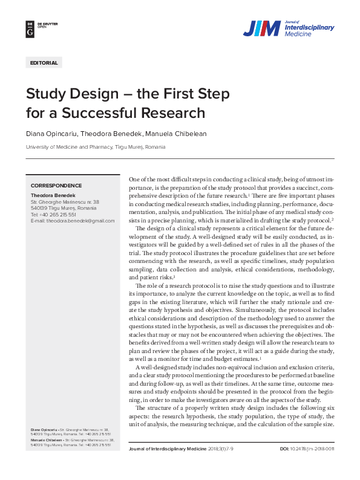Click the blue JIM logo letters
tap(261, 28)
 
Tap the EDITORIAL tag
tap(44, 63)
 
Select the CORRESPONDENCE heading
tap(56, 185)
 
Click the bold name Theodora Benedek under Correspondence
tap(53, 196)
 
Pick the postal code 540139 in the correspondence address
tap(39, 209)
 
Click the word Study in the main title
tap(46, 94)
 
